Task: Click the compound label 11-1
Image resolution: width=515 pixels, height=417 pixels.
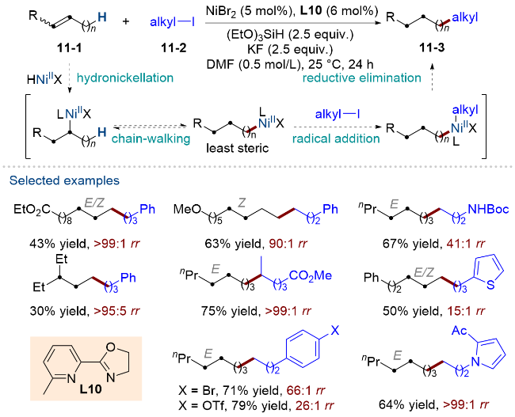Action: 69,48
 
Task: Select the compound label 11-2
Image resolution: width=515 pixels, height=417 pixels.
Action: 174,48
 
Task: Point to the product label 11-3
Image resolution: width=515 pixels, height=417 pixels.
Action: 432,48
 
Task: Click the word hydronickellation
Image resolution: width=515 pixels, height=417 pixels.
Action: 125,78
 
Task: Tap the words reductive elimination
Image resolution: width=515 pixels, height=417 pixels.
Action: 361,78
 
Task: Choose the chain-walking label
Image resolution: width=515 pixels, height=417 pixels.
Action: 151,138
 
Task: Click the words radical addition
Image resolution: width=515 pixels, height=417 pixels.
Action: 336,138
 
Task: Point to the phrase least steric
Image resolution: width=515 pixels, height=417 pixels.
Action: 237,148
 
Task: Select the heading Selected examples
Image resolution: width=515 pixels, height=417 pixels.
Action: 64,180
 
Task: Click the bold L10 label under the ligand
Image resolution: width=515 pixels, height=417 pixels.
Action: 90,389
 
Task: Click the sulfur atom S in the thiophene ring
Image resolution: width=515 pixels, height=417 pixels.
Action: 490,284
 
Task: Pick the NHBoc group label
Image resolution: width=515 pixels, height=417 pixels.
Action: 488,209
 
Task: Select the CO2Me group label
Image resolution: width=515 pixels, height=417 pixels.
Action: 311,275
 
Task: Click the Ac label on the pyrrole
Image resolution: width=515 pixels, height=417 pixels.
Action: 460,331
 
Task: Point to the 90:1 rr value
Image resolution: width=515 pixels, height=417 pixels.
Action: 288,244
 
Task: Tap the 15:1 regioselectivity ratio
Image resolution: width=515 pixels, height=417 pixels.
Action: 466,311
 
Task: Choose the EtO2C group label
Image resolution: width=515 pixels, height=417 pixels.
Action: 32,209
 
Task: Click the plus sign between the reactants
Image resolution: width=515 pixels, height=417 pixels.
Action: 126,21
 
